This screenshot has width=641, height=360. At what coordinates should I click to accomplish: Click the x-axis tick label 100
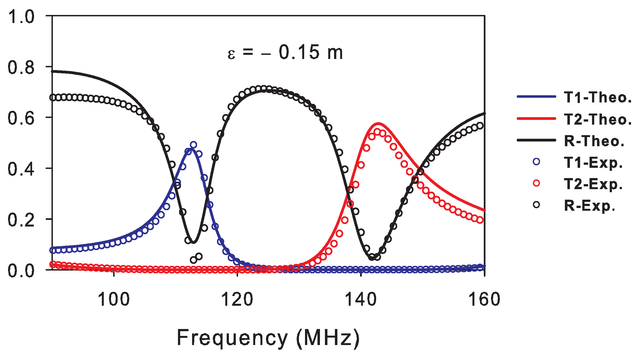[113, 300]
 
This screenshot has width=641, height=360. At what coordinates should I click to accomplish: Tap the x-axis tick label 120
[237, 300]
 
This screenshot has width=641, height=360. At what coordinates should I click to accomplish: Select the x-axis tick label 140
[361, 300]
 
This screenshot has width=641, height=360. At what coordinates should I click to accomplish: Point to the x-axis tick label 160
[484, 300]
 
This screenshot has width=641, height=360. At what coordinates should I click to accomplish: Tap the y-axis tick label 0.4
[21, 169]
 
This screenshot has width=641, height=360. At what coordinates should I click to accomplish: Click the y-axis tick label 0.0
[21, 271]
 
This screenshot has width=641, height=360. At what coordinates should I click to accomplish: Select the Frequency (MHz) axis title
[268, 338]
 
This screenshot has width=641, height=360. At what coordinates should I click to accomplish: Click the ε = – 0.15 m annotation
[285, 52]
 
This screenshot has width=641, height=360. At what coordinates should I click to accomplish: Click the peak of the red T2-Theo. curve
[378, 124]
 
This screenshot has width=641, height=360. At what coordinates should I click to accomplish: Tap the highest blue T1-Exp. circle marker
[193, 145]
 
